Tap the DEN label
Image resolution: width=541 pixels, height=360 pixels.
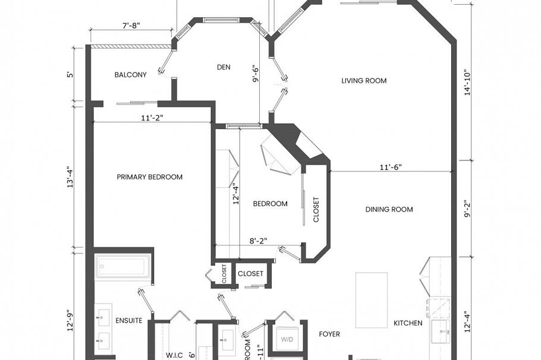(x=223, y=67)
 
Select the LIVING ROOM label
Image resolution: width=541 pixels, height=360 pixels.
(x=364, y=81)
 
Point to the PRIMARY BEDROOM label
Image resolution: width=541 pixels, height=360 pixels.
(x=149, y=177)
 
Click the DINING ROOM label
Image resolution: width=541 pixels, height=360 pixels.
(x=389, y=210)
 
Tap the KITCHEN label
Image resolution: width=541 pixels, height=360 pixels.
(x=408, y=323)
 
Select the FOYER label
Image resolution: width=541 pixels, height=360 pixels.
(x=329, y=334)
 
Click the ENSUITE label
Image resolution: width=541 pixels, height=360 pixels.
(x=129, y=321)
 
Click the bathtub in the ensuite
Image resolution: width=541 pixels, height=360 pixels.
(x=123, y=266)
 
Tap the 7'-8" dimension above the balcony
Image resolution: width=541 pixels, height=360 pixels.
(x=131, y=26)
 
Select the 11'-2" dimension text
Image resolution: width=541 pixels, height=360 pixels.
(x=152, y=118)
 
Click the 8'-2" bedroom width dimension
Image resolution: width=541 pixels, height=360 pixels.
(x=257, y=241)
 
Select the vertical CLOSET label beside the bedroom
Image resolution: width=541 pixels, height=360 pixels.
(x=316, y=210)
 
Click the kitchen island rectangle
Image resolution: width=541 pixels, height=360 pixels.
(x=372, y=300)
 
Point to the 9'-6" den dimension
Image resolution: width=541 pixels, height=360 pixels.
(x=256, y=71)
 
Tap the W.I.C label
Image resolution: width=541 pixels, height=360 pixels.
(x=174, y=355)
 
